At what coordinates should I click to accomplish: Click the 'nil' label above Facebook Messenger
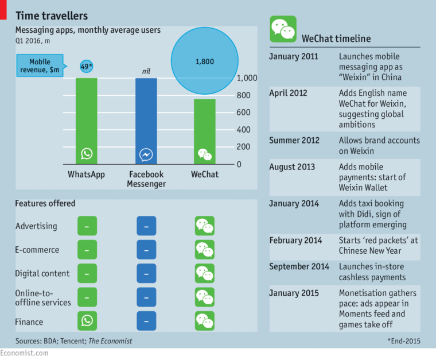(x=146, y=71)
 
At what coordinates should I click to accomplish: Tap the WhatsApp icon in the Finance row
(x=87, y=320)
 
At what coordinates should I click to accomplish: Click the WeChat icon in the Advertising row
(x=204, y=226)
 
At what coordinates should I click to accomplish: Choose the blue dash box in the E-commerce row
(x=146, y=250)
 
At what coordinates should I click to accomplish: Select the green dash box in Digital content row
(x=87, y=273)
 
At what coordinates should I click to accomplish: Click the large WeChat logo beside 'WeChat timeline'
(x=283, y=29)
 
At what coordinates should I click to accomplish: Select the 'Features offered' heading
(x=45, y=203)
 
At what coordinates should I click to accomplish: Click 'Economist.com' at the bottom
(x=24, y=354)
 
